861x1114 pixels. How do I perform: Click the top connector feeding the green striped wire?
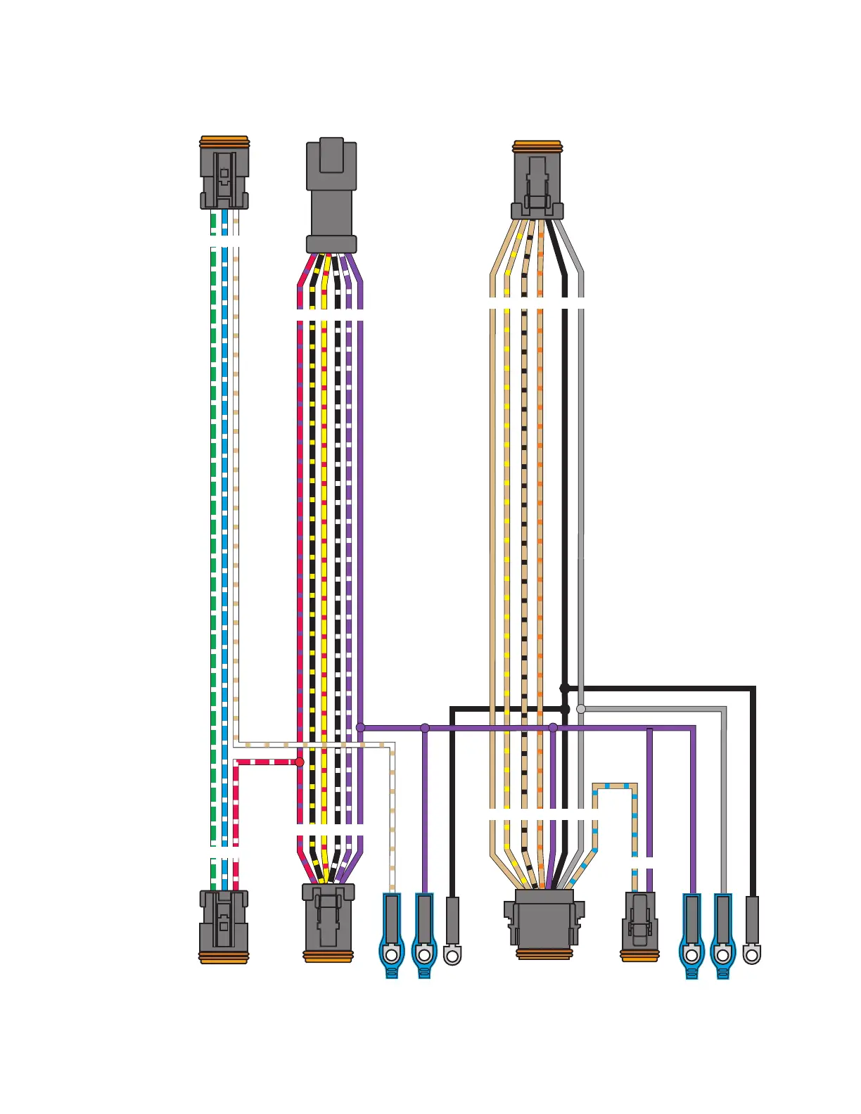click(x=224, y=173)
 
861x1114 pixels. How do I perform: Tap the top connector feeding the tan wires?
click(x=537, y=180)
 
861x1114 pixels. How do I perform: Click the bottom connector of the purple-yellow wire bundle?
click(x=329, y=922)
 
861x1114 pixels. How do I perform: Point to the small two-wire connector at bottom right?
click(x=639, y=926)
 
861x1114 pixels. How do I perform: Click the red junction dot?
click(x=300, y=762)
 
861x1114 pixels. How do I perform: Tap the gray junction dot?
click(x=581, y=709)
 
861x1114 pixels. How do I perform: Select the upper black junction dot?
click(x=564, y=688)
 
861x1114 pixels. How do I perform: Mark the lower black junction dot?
click(x=565, y=709)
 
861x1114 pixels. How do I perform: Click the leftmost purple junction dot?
click(x=360, y=728)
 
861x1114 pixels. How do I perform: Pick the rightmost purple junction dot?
click(x=553, y=728)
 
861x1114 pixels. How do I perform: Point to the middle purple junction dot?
click(x=425, y=728)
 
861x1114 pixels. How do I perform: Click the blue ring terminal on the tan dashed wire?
click(x=392, y=935)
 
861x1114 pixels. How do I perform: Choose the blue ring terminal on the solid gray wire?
click(x=722, y=935)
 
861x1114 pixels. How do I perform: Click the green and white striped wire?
click(x=214, y=492)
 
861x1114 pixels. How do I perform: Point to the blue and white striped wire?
click(x=225, y=492)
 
